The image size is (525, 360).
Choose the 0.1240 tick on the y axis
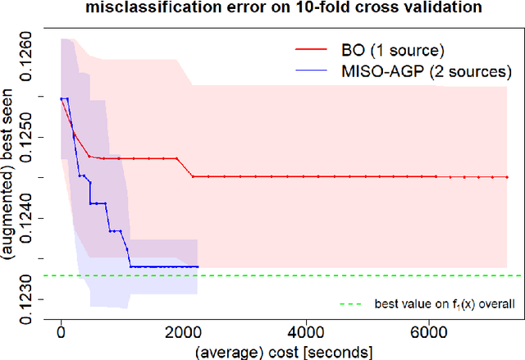pos(25,216)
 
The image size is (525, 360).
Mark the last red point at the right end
pos(506,176)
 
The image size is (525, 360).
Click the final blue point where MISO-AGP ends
pos(197,267)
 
